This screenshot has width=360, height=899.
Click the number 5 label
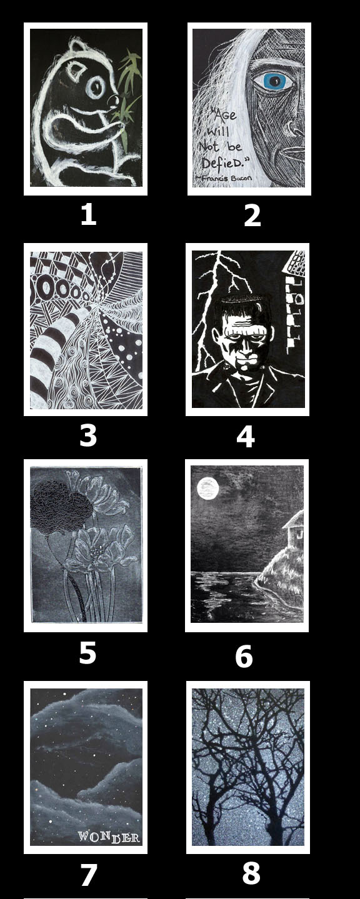tap(87, 653)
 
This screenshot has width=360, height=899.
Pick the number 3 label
tap(88, 435)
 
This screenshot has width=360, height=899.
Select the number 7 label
tap(89, 874)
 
